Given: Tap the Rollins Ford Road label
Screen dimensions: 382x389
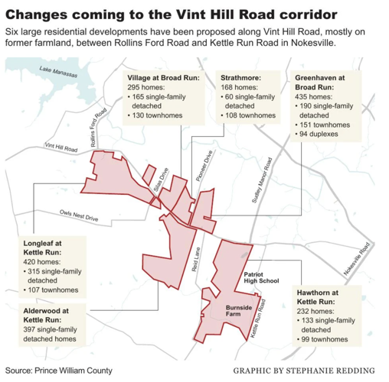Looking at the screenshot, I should pos(94,125).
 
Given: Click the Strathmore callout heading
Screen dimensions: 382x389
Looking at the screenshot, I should pos(221,78).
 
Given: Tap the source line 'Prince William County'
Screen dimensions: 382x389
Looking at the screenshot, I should pos(74,371).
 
